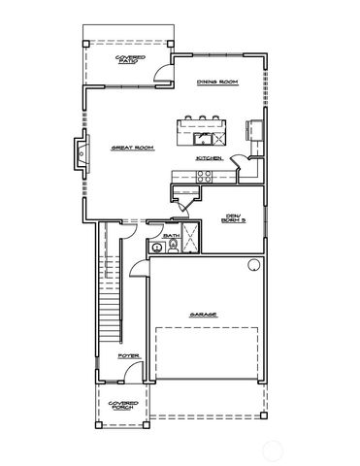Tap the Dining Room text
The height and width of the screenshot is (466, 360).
coord(217,82)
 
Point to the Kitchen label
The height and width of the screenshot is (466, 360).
coord(211,157)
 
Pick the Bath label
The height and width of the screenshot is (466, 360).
coord(172,235)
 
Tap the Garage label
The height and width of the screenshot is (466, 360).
coord(203,315)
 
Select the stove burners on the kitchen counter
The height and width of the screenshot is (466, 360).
coord(205,176)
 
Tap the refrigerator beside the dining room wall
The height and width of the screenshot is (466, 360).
coord(256,129)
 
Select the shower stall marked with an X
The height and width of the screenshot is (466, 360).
coord(190,238)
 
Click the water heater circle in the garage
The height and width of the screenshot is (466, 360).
coord(255,264)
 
